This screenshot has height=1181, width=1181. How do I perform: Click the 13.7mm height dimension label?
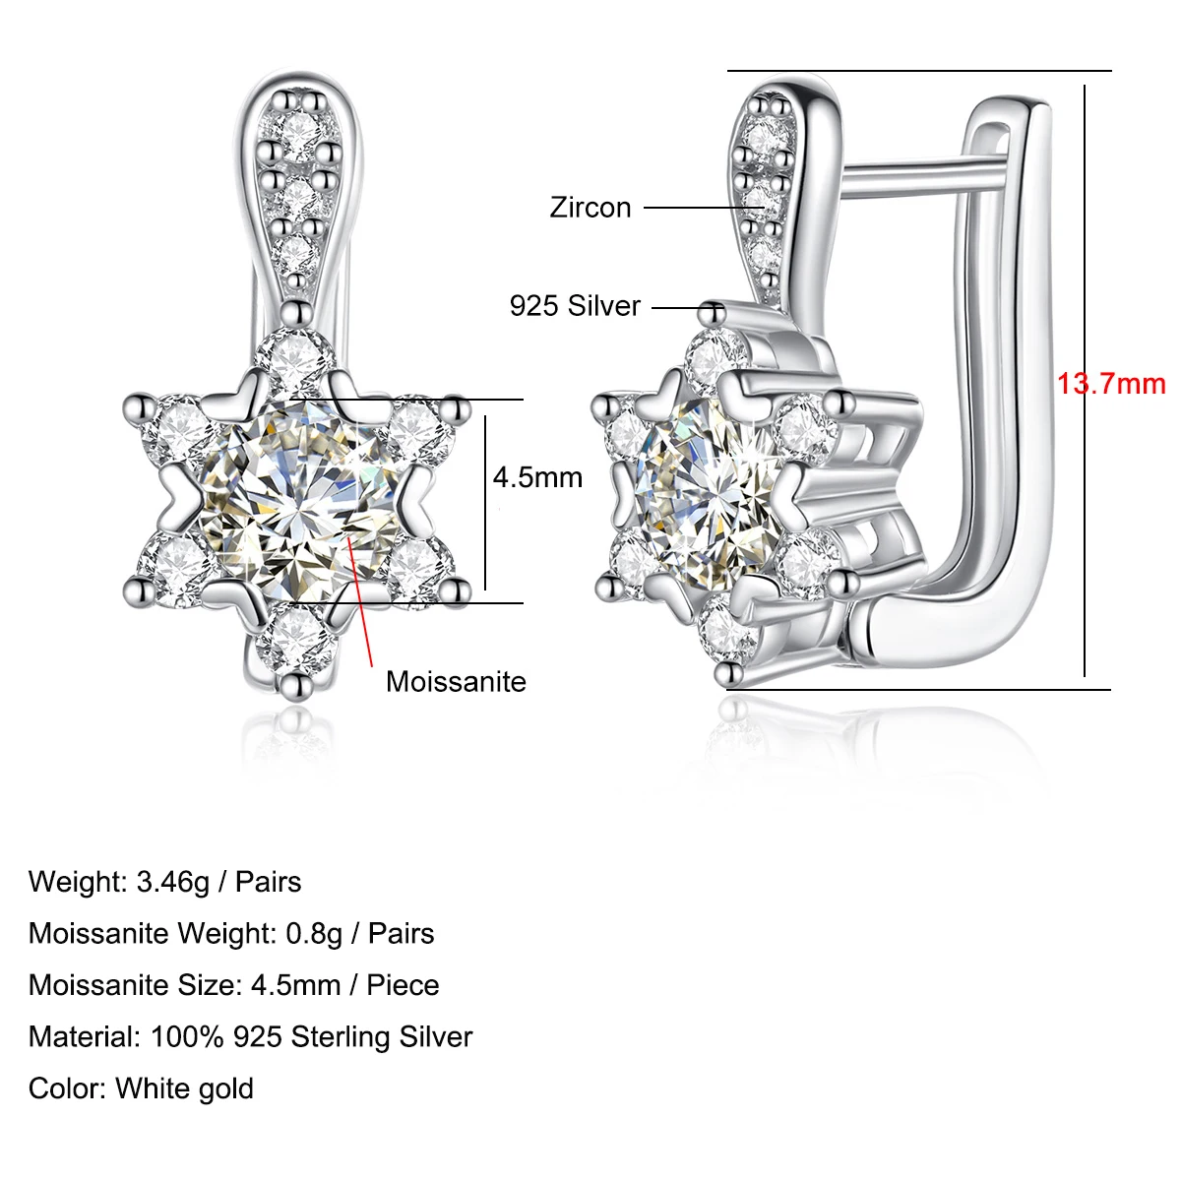1110,383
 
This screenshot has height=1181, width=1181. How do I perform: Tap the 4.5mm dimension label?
537,478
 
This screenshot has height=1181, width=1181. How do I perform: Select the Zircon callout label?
590,208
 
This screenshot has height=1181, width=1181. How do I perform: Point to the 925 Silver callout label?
575,306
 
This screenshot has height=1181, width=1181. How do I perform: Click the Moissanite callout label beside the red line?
456,682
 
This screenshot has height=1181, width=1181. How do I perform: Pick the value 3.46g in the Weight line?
173,882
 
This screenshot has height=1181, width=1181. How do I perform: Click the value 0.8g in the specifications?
313,933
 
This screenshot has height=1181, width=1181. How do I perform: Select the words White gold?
185,1088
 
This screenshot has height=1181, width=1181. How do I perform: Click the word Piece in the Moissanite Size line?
403,985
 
